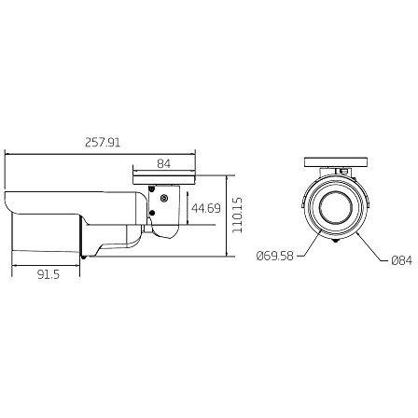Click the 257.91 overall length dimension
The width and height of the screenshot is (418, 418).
coord(103,143)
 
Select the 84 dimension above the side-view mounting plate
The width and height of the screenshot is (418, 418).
coord(164,163)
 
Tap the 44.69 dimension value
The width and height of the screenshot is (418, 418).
coord(206,208)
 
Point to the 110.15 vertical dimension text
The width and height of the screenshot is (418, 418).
coord(238,214)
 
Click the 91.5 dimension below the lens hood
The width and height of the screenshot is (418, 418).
coord(49,274)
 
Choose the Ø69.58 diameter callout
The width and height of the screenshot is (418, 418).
coord(275,256)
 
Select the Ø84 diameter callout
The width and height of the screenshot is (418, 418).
coord(402,260)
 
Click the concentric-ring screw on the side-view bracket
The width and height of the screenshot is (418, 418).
coord(163,198)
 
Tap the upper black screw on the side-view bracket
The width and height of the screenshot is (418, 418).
coord(152,188)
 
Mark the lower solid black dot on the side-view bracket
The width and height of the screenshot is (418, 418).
coord(152,213)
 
